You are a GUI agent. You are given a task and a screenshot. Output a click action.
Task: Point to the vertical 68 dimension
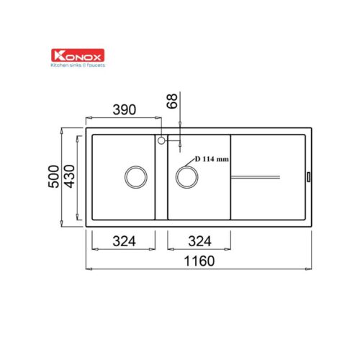(x=171, y=101)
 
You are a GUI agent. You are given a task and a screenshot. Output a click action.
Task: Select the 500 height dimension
(x=52, y=175)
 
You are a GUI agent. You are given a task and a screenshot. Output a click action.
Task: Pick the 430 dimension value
(x=69, y=175)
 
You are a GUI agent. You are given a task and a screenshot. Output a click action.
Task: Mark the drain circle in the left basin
(x=135, y=176)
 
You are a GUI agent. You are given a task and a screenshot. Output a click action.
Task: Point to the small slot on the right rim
(x=309, y=175)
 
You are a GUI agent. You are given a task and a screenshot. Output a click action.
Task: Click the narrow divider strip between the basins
(x=162, y=180)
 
